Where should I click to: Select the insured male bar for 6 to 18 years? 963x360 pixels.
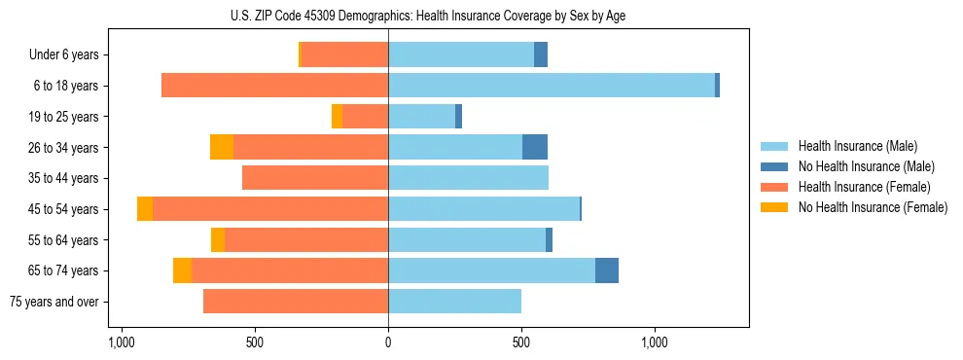tap(552, 86)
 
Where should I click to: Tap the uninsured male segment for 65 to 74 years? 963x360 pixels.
tap(607, 270)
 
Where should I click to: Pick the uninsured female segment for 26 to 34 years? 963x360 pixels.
tap(222, 148)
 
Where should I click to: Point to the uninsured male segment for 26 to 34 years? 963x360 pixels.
tap(535, 148)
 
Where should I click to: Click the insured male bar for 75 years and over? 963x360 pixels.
tap(454, 302)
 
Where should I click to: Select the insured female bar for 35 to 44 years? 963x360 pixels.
tap(315, 178)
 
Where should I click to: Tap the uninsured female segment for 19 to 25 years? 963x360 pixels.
tap(337, 117)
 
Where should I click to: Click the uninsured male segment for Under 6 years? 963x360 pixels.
tap(541, 54)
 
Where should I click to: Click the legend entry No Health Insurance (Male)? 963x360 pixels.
tap(865, 166)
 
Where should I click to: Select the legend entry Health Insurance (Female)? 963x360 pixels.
tap(864, 187)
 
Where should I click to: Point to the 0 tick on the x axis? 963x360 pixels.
tap(388, 342)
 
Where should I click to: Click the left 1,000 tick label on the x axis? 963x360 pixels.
tap(122, 342)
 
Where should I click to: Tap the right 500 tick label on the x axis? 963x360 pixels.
tap(521, 342)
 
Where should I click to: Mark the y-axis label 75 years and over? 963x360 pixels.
tap(54, 302)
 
